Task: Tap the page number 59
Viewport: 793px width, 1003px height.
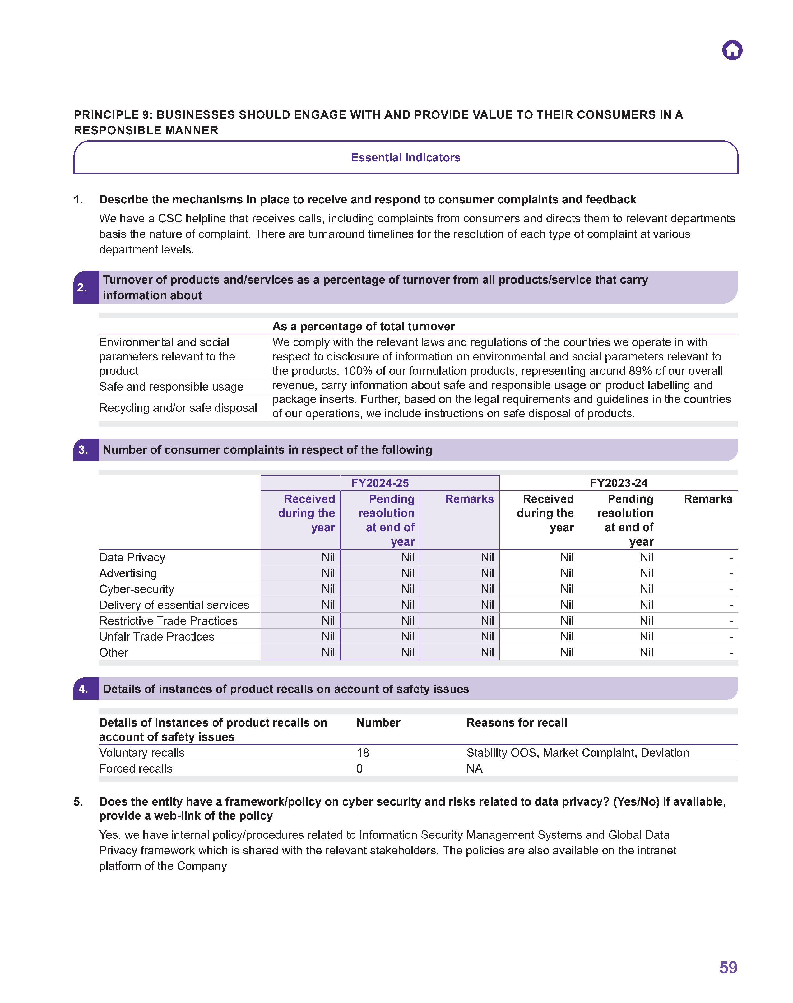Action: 728,967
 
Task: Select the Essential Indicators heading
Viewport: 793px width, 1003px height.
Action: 405,157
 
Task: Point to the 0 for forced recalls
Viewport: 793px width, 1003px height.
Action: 359,769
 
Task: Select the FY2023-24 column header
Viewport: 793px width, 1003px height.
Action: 619,483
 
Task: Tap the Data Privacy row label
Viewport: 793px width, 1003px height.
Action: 132,557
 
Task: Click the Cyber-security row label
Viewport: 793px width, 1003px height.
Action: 137,589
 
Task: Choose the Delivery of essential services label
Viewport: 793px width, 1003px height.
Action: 174,605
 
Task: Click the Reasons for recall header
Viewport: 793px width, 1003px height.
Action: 517,722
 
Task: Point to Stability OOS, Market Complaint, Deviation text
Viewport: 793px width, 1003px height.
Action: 577,753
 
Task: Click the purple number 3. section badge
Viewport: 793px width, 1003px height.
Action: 84,449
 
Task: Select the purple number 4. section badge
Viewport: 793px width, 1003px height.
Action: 84,689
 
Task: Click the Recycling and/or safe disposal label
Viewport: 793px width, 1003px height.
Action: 178,408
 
